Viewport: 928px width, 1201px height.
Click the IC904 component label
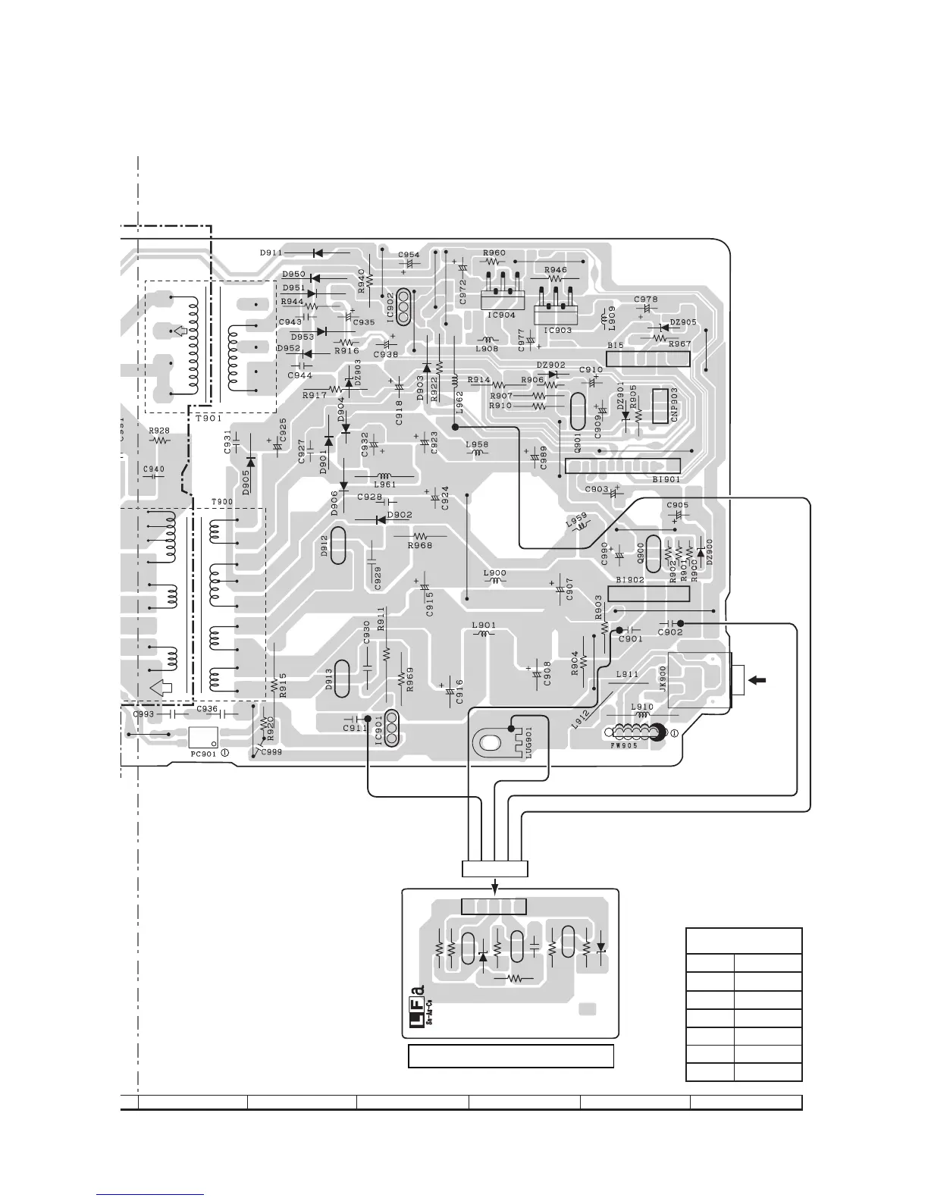501,315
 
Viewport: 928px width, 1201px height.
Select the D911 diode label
271,253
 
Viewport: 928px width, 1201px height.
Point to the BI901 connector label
666,479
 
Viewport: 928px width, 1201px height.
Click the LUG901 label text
529,742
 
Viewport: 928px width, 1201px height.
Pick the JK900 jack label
663,677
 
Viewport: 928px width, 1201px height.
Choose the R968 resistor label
419,545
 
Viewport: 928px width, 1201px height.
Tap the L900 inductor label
494,573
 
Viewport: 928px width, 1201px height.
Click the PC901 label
203,755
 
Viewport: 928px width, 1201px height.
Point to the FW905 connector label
623,745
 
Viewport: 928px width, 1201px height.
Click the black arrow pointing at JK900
756,680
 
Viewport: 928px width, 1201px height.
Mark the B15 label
615,346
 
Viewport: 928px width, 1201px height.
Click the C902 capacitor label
670,632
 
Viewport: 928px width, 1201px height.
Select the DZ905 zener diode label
683,322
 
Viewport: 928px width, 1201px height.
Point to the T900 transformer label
221,502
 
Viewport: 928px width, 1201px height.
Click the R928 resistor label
159,431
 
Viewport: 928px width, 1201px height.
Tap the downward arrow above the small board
495,884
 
